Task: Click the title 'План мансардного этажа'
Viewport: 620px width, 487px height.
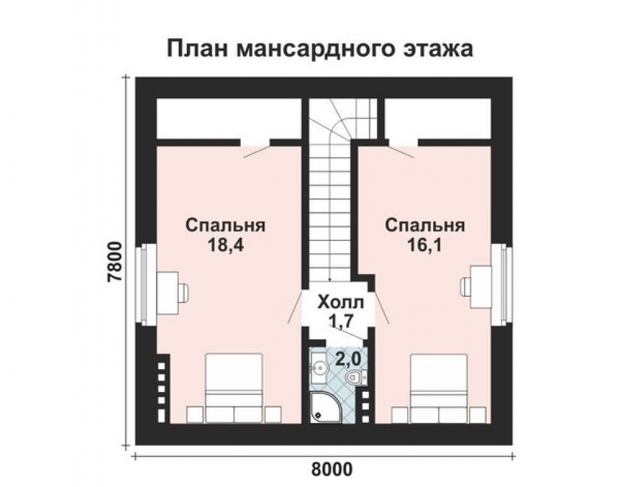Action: click(x=320, y=49)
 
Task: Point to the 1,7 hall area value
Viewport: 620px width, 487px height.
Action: click(x=340, y=321)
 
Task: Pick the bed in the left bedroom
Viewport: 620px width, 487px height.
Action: click(x=233, y=387)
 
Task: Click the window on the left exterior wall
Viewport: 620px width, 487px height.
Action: click(x=145, y=282)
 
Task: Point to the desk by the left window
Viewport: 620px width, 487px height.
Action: click(x=169, y=292)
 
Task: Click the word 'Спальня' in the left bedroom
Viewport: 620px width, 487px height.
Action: click(x=225, y=226)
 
